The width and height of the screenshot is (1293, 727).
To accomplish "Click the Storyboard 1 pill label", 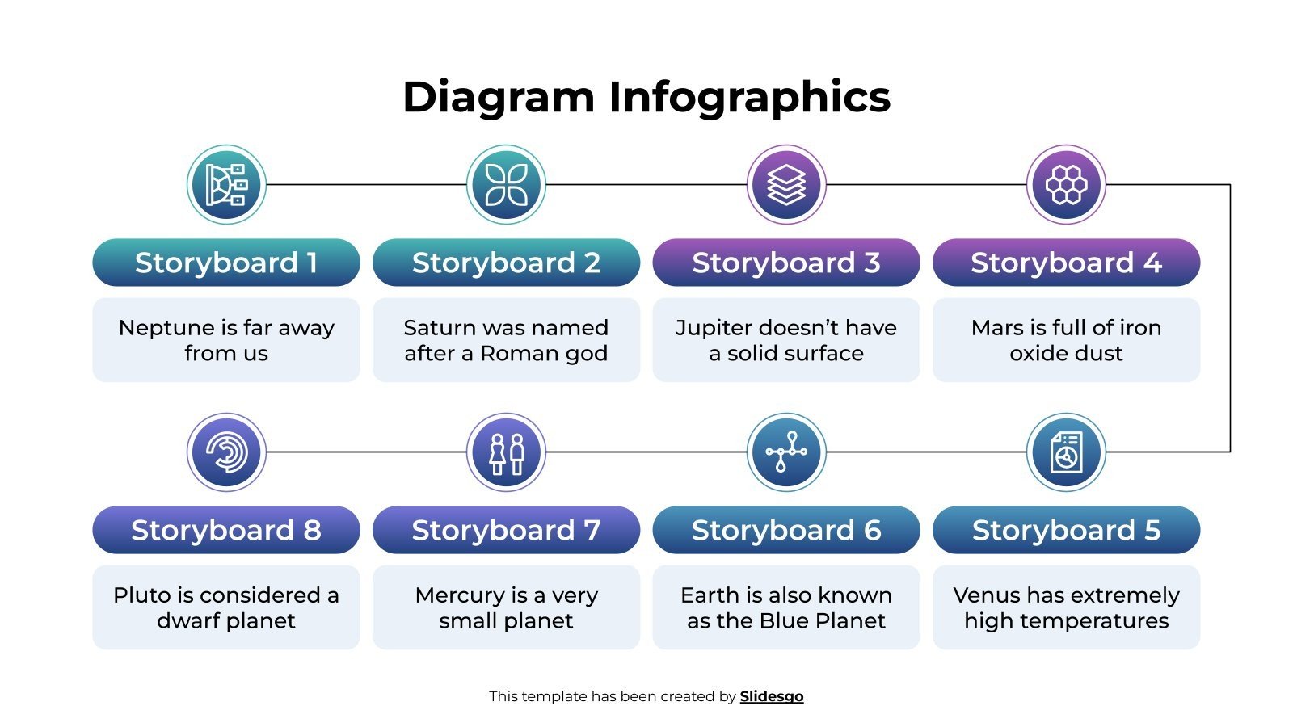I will (226, 263).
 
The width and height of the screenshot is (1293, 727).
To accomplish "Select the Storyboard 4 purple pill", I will (1066, 263).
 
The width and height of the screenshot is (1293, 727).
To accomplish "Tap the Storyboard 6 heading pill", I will (786, 530).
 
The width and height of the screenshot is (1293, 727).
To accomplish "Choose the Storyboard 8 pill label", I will (226, 530).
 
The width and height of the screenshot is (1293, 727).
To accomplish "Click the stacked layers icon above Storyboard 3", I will (786, 185).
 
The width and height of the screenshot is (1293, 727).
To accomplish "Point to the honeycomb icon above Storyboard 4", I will (1066, 185).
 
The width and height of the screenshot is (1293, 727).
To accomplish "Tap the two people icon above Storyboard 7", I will (507, 452).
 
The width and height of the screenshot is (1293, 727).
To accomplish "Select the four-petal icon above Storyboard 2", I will (507, 185).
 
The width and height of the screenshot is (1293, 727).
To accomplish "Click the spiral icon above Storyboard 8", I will (226, 452).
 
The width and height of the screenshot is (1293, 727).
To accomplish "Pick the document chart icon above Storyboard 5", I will (1066, 452).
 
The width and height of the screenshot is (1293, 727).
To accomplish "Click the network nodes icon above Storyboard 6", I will (786, 452).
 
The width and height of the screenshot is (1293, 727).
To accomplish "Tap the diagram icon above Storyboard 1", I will (226, 185).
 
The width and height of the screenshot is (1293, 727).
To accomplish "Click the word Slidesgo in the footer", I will (772, 696).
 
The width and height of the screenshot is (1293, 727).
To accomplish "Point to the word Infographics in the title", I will (749, 97).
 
